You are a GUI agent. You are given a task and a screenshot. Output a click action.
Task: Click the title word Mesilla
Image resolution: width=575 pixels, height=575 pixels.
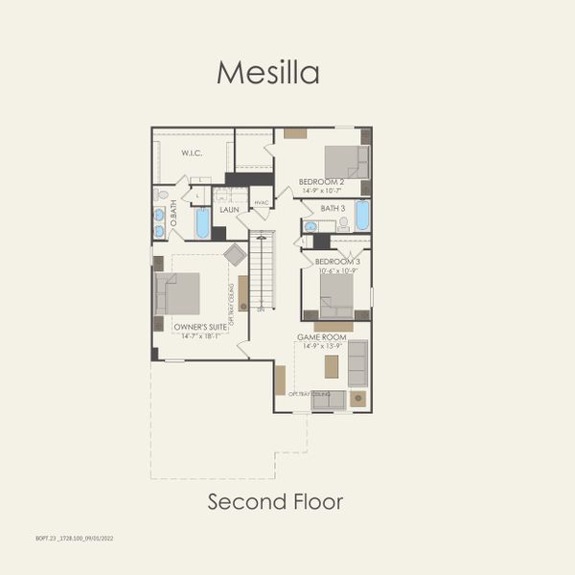pyautogui.click(x=267, y=72)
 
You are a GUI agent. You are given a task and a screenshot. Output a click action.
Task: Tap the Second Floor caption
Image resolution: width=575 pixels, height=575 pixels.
pyautogui.click(x=275, y=501)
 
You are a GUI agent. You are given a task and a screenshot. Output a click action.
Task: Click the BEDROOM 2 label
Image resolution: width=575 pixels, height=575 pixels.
pyautogui.click(x=320, y=181)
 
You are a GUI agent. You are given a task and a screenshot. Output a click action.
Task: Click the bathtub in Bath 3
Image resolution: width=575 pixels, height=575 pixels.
pyautogui.click(x=362, y=216)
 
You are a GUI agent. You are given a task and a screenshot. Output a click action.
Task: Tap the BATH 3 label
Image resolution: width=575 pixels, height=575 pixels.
pyautogui.click(x=333, y=208)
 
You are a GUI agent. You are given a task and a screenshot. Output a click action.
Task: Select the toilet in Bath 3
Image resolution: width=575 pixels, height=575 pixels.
pyautogui.click(x=343, y=222)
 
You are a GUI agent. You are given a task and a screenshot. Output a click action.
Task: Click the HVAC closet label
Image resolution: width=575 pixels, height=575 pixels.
pyautogui.click(x=261, y=203)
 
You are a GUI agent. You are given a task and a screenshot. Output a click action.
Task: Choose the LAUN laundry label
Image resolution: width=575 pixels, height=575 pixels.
pyautogui.click(x=229, y=209)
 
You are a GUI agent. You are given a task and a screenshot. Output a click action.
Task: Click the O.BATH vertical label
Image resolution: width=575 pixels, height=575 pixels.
pyautogui.click(x=173, y=225)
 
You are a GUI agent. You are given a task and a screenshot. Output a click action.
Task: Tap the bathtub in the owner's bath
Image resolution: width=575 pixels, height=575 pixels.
pyautogui.click(x=202, y=222)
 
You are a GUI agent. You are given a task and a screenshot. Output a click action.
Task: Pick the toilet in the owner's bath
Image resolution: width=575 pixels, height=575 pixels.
pyautogui.click(x=162, y=195)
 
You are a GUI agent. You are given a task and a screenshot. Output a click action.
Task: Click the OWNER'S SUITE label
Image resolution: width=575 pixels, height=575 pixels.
pyautogui.click(x=200, y=327)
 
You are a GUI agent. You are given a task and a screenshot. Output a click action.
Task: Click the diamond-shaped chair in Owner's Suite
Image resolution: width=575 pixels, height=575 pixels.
pyautogui.click(x=235, y=254)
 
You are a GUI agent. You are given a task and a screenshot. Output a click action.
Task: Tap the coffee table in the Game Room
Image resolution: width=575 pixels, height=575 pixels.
pyautogui.click(x=332, y=366)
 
